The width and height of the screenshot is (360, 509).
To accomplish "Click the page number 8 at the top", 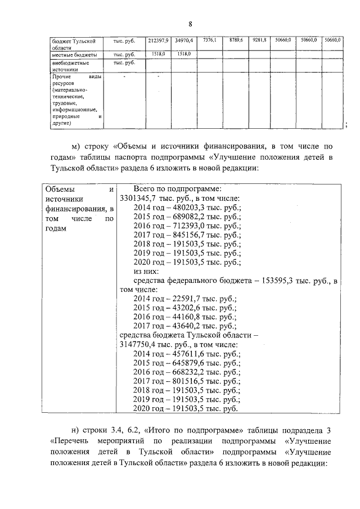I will click(x=191, y=24).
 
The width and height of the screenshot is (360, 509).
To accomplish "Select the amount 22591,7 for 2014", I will click(x=186, y=299).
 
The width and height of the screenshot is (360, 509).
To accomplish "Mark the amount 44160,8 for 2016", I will click(x=186, y=317).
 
